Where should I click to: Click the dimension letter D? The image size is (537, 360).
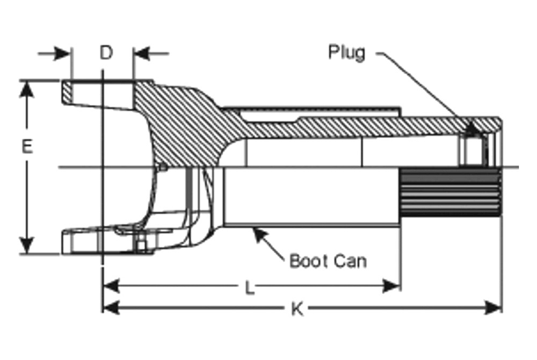(x=106, y=53)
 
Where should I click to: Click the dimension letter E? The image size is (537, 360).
(x=27, y=146)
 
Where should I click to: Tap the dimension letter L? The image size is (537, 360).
(x=250, y=288)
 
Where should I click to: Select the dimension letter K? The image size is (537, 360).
(x=297, y=309)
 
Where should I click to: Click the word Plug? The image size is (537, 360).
(x=346, y=53)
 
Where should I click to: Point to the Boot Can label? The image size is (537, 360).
(x=328, y=261)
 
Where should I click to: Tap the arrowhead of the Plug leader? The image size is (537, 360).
(x=474, y=128)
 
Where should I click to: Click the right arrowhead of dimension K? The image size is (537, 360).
(x=493, y=307)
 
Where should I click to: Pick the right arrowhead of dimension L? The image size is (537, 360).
(x=391, y=286)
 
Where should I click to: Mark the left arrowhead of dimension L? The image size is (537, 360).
(x=111, y=286)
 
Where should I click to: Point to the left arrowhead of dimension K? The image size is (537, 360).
(x=111, y=307)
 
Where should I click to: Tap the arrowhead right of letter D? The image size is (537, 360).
(x=141, y=53)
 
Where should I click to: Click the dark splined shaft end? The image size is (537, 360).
(x=451, y=192)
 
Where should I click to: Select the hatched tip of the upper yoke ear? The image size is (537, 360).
(x=68, y=92)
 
